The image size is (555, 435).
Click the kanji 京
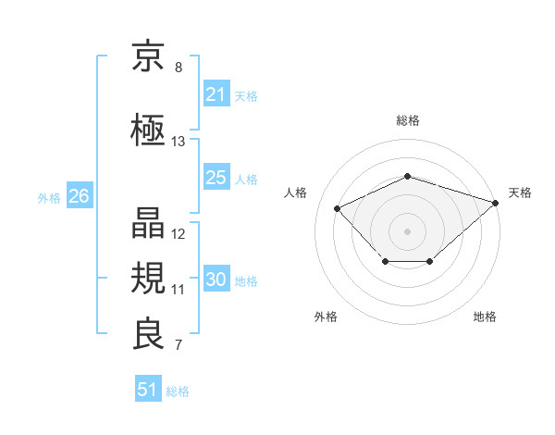148,56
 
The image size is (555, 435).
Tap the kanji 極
148,130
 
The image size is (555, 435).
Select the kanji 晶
148,222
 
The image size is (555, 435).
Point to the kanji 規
148,278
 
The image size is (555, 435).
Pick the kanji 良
148,333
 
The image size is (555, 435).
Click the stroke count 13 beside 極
178,142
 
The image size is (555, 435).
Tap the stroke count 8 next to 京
179,68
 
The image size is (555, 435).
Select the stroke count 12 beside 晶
178,234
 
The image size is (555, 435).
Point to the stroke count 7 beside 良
179,344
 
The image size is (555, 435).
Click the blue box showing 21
216,93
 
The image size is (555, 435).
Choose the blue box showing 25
216,177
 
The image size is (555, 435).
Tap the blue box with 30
216,278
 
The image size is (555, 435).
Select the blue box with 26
80,195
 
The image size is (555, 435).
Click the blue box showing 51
148,388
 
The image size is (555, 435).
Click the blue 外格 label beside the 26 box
49,198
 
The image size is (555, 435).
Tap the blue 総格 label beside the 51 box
178,391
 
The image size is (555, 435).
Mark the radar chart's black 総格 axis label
408,120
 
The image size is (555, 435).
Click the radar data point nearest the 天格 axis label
496,203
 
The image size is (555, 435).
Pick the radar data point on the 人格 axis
337,208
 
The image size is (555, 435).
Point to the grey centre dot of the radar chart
407,231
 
